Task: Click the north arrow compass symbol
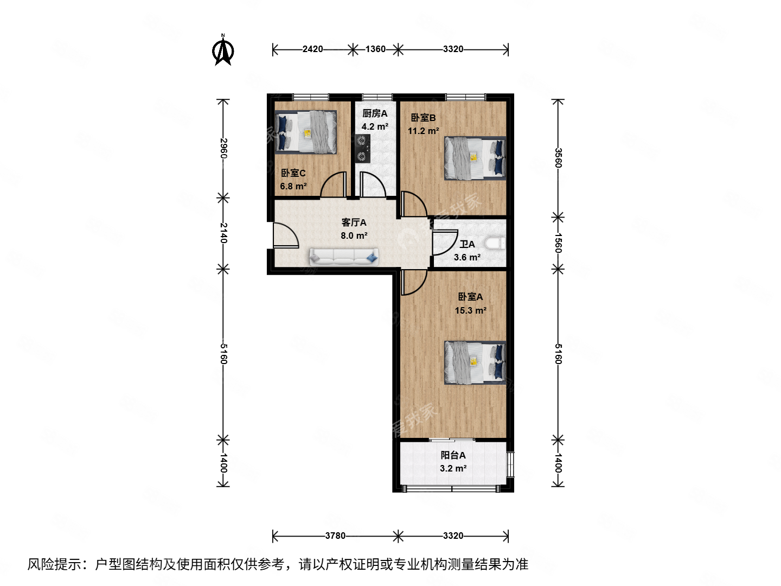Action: pos(223,50)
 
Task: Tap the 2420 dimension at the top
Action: pos(312,49)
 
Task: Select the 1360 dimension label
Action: pos(375,49)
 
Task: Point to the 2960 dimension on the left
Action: pos(223,148)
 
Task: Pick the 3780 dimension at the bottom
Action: pos(335,536)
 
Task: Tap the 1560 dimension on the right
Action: pos(558,243)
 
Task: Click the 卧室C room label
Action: pos(293,173)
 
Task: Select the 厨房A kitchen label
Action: pos(375,113)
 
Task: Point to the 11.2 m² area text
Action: pos(423,131)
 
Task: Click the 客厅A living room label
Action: pos(354,222)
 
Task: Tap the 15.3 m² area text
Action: pos(470,310)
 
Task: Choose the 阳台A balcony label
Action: pos(453,455)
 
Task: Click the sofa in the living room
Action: pos(344,257)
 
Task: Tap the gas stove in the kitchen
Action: pos(362,149)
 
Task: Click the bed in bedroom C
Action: pos(306,132)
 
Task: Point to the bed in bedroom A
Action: pos(475,362)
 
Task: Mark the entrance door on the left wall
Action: pos(284,236)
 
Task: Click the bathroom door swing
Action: pos(444,243)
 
